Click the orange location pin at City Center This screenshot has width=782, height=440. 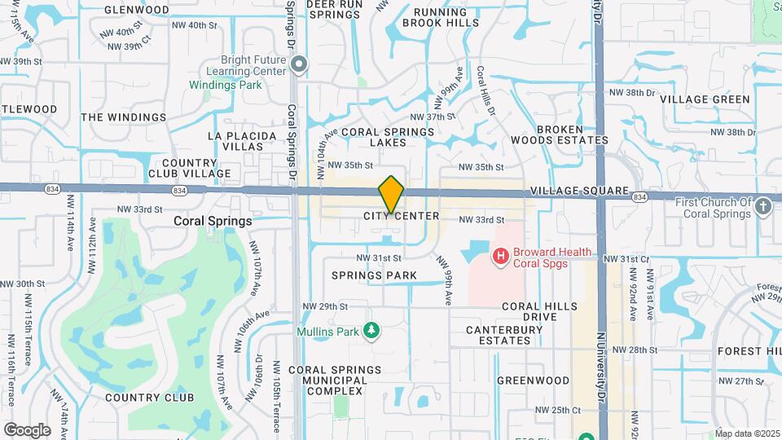(392, 194)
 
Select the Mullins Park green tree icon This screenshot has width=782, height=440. (371, 330)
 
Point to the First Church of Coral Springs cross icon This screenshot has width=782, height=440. (763, 207)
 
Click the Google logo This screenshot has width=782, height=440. (27, 429)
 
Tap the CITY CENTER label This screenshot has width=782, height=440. (402, 217)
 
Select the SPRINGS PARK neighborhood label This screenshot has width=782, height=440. (374, 275)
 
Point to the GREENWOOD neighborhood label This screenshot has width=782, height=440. (533, 381)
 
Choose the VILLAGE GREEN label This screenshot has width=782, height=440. (705, 99)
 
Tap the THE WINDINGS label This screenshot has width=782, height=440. (123, 117)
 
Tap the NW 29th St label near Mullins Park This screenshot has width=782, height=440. (332, 306)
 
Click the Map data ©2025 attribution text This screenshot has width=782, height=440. (747, 433)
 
